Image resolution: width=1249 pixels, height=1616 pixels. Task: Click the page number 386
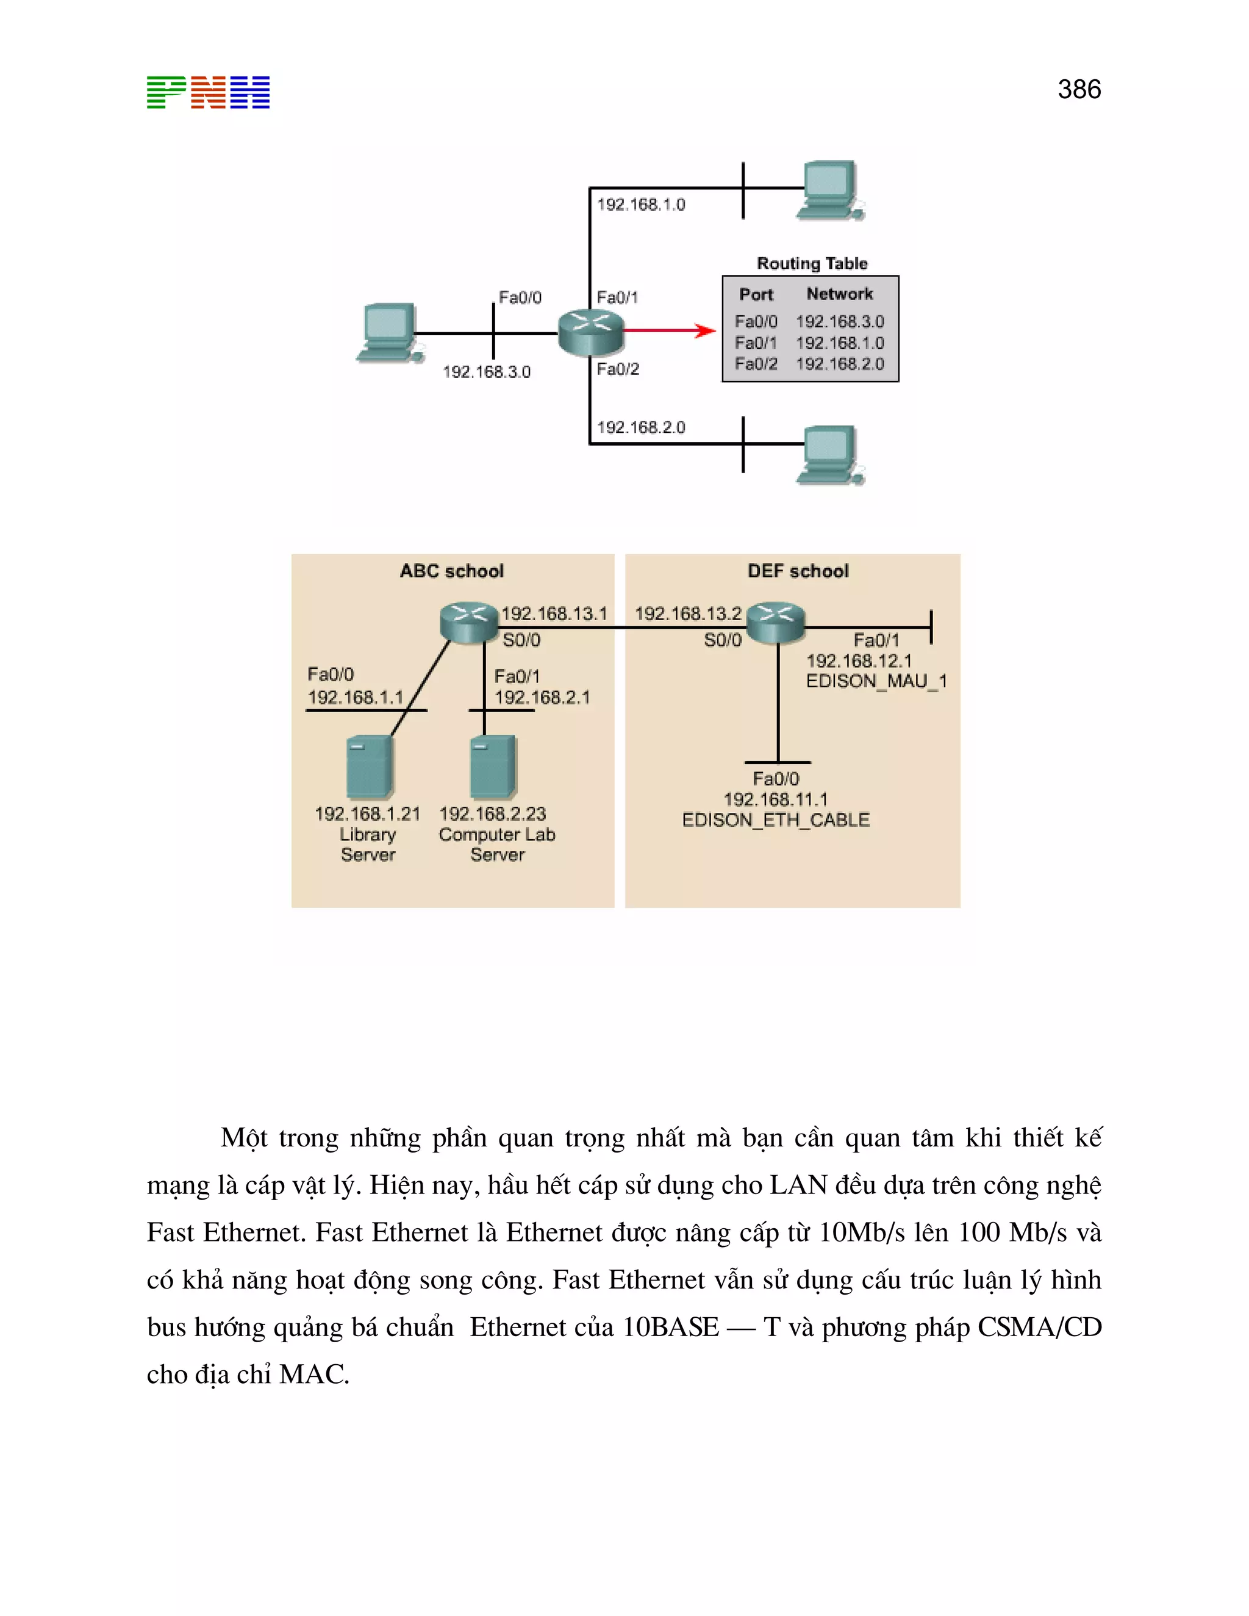click(1079, 90)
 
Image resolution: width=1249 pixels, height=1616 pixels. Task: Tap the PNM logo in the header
click(208, 93)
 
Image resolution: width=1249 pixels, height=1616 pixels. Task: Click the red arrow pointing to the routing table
click(669, 331)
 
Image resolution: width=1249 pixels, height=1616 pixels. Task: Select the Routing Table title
click(812, 263)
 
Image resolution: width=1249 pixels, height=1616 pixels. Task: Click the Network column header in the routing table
click(839, 294)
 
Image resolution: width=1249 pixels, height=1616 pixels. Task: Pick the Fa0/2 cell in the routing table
click(756, 364)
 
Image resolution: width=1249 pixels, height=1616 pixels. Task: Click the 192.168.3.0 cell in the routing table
click(840, 322)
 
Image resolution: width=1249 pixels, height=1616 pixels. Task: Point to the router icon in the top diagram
click(590, 332)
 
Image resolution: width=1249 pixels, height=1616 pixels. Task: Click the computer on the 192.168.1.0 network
click(830, 191)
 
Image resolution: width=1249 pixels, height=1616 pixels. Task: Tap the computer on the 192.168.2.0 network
click(830, 455)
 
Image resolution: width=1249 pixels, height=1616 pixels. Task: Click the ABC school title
click(451, 571)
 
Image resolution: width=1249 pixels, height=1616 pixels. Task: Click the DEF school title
click(798, 571)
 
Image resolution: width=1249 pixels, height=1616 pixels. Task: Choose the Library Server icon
click(368, 767)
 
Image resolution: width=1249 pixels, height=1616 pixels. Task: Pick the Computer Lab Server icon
click(493, 767)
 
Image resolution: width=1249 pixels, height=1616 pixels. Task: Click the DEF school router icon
click(775, 621)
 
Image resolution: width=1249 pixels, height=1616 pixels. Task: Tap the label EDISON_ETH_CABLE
click(776, 820)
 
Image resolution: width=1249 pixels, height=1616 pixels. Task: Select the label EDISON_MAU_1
click(875, 681)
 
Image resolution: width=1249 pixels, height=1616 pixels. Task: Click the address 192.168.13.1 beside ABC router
click(554, 613)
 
